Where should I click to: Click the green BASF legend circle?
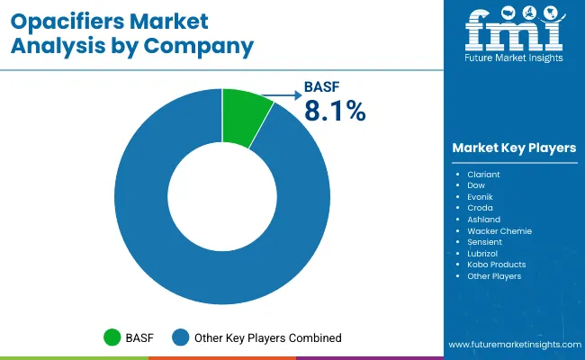[x=112, y=337]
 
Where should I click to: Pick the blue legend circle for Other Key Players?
[x=182, y=337]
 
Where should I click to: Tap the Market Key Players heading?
[x=514, y=148]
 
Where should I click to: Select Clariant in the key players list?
[x=484, y=173]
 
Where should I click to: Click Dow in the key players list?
[x=476, y=184]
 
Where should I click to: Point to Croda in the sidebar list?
[x=480, y=208]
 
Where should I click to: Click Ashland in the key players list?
[x=483, y=219]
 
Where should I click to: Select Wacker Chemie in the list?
[x=499, y=230]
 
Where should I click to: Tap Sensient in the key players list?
[x=485, y=242]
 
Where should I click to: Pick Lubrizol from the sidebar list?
[x=483, y=253]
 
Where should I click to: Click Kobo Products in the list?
[x=496, y=265]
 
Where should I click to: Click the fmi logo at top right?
[x=514, y=33]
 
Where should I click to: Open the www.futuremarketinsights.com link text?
[x=511, y=345]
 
